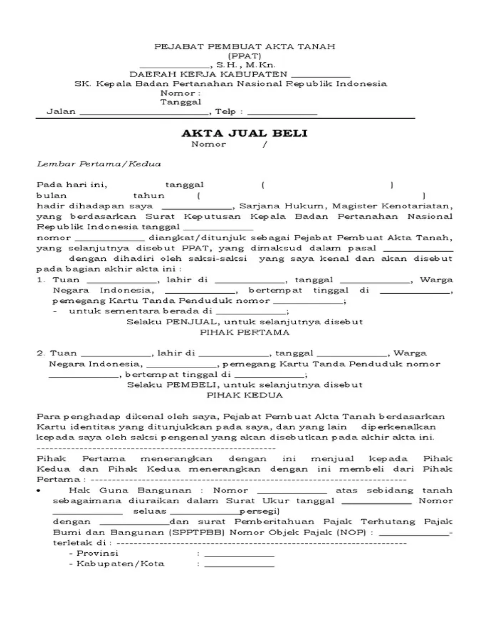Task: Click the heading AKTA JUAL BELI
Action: (x=244, y=133)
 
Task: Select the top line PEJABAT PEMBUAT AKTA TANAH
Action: (x=245, y=46)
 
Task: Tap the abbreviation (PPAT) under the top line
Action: (x=245, y=56)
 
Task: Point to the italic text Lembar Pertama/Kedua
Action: (x=99, y=164)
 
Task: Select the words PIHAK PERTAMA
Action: (x=245, y=332)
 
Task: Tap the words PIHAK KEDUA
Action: (x=245, y=395)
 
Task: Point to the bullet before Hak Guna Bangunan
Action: (x=39, y=490)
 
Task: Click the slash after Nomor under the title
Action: (x=265, y=144)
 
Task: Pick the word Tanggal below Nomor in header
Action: (x=181, y=102)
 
